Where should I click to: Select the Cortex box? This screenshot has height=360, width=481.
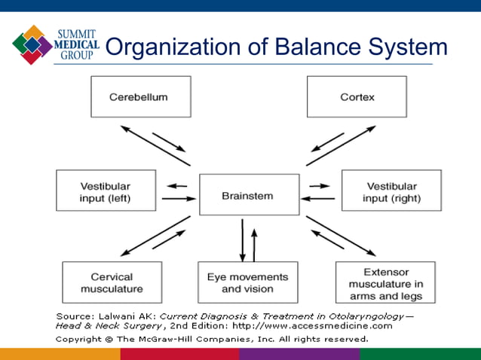click(x=357, y=96)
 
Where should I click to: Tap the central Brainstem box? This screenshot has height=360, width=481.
click(x=247, y=195)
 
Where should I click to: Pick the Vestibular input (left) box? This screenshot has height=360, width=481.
click(x=106, y=191)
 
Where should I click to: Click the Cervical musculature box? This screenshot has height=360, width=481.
click(x=112, y=282)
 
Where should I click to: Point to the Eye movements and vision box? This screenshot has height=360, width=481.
click(x=247, y=282)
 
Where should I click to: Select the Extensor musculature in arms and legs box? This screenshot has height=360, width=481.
click(x=385, y=282)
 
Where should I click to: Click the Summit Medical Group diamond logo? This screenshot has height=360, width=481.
click(x=32, y=44)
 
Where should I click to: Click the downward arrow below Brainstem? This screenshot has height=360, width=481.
click(x=242, y=240)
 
